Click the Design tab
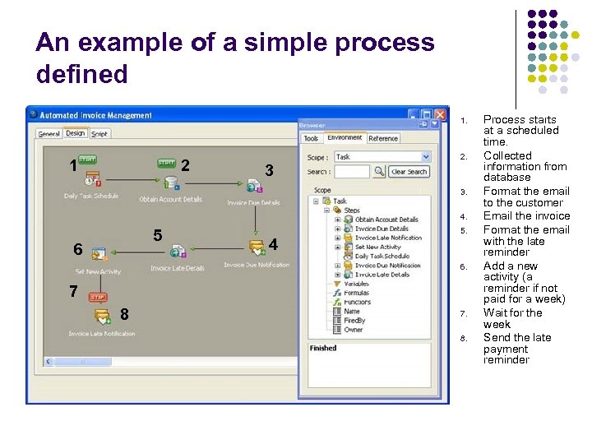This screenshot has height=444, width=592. pos(75,133)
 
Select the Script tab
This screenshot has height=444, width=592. pos(99,134)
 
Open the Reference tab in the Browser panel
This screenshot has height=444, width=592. pos(383,139)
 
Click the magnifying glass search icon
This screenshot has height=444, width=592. pos(379,172)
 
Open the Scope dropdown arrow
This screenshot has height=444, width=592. pos(425,156)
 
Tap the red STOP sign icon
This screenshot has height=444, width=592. pos(98,297)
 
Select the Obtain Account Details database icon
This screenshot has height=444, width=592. pos(171,182)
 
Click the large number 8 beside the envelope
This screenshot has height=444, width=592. pos(124,313)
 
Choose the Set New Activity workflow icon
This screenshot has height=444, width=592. pos(99,255)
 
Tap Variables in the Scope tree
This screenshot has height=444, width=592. pos(357,284)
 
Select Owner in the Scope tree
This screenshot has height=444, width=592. pos(354,330)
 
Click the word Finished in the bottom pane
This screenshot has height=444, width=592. pos(323,348)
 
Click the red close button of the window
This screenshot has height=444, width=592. pos(441,115)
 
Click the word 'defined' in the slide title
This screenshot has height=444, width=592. pos(82,75)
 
